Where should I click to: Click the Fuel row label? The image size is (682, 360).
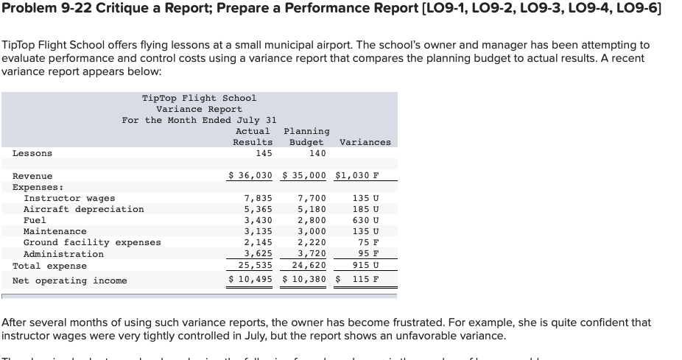click(35, 220)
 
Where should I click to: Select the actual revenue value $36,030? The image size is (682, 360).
click(250, 176)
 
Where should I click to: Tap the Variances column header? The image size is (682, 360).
click(365, 142)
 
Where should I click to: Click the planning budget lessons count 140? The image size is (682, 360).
click(317, 153)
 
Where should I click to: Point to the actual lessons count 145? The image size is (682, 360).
click(264, 153)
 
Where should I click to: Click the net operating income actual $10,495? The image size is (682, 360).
click(250, 280)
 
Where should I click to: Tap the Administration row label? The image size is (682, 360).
click(63, 254)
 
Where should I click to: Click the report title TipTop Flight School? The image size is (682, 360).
click(199, 98)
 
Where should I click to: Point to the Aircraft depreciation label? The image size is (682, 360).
click(84, 209)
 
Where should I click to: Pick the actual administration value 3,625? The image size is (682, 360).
click(258, 254)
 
